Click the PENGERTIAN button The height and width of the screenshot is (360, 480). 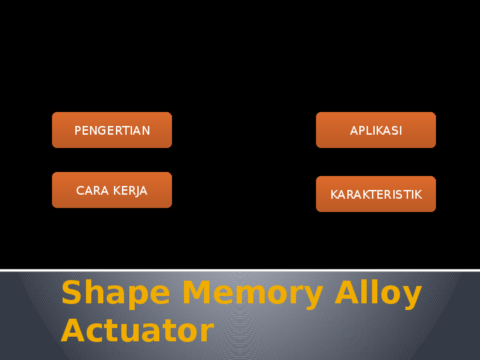[112, 130]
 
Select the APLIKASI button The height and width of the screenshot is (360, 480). [376, 130]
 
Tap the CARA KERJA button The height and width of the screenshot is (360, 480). [112, 190]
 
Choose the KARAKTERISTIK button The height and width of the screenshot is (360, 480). [376, 194]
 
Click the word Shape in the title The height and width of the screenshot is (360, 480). [116, 294]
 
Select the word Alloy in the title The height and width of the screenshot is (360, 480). [378, 294]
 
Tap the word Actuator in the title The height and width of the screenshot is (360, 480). [137, 331]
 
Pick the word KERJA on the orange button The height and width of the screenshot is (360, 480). [130, 191]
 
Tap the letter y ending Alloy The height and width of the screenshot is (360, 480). [412, 297]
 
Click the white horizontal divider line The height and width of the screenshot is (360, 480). [240, 270]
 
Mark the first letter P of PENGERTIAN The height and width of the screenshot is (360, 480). [77, 131]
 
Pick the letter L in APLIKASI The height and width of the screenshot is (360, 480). [367, 131]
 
